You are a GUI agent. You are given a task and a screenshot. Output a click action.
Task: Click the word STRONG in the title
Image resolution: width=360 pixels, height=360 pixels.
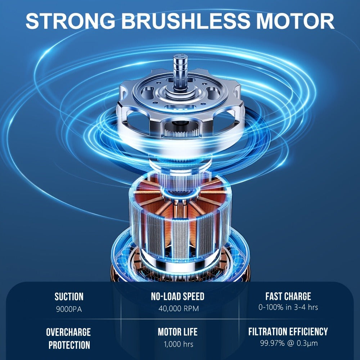click(71, 21)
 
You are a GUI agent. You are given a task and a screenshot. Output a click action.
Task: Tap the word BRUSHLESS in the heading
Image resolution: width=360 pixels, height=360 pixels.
click(185, 21)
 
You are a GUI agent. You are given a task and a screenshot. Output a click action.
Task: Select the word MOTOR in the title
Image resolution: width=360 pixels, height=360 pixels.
click(295, 21)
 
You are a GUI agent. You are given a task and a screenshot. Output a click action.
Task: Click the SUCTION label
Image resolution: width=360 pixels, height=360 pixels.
click(69, 297)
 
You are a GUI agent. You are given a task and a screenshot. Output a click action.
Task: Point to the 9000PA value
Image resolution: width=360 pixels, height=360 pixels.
click(69, 309)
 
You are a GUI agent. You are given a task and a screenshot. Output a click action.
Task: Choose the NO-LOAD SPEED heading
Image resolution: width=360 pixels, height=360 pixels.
click(178, 296)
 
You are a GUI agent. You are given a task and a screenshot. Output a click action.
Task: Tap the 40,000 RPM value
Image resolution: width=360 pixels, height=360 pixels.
click(179, 309)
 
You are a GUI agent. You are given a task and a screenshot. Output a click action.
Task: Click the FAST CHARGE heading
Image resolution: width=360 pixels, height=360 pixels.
click(288, 296)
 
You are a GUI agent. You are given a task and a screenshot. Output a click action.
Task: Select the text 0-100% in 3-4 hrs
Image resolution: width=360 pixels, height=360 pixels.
click(288, 307)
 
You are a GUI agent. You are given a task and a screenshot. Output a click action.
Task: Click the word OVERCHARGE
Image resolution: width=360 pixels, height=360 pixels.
click(68, 332)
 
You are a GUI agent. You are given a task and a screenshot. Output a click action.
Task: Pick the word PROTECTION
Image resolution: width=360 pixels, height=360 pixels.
click(69, 345)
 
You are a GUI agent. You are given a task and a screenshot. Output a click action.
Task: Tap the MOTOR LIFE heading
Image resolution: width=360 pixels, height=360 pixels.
click(178, 332)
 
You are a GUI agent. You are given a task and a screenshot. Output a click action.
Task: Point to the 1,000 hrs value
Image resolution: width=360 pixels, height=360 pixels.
click(179, 344)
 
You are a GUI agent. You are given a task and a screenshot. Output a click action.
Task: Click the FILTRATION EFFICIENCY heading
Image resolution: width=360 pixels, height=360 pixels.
click(288, 332)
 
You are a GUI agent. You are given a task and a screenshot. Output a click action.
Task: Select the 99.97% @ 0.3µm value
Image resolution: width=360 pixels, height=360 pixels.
click(289, 343)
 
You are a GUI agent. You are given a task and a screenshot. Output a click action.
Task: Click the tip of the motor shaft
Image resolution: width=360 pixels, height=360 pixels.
click(180, 55)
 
